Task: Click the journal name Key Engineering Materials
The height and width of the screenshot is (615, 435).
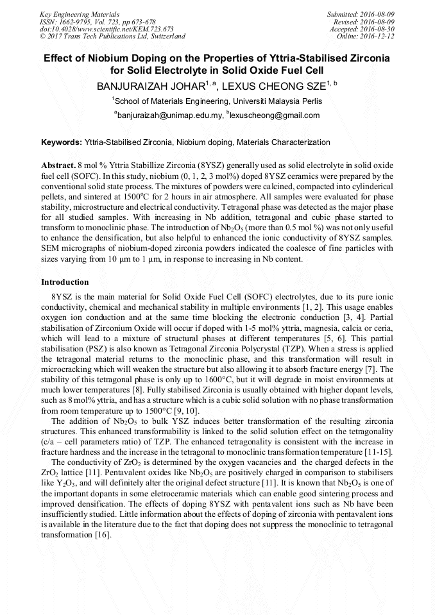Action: click(x=80, y=13)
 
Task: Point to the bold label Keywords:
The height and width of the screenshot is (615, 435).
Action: click(x=62, y=142)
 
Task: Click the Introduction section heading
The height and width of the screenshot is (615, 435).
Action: click(x=65, y=282)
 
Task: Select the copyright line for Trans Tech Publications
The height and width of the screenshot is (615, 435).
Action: click(x=112, y=37)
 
